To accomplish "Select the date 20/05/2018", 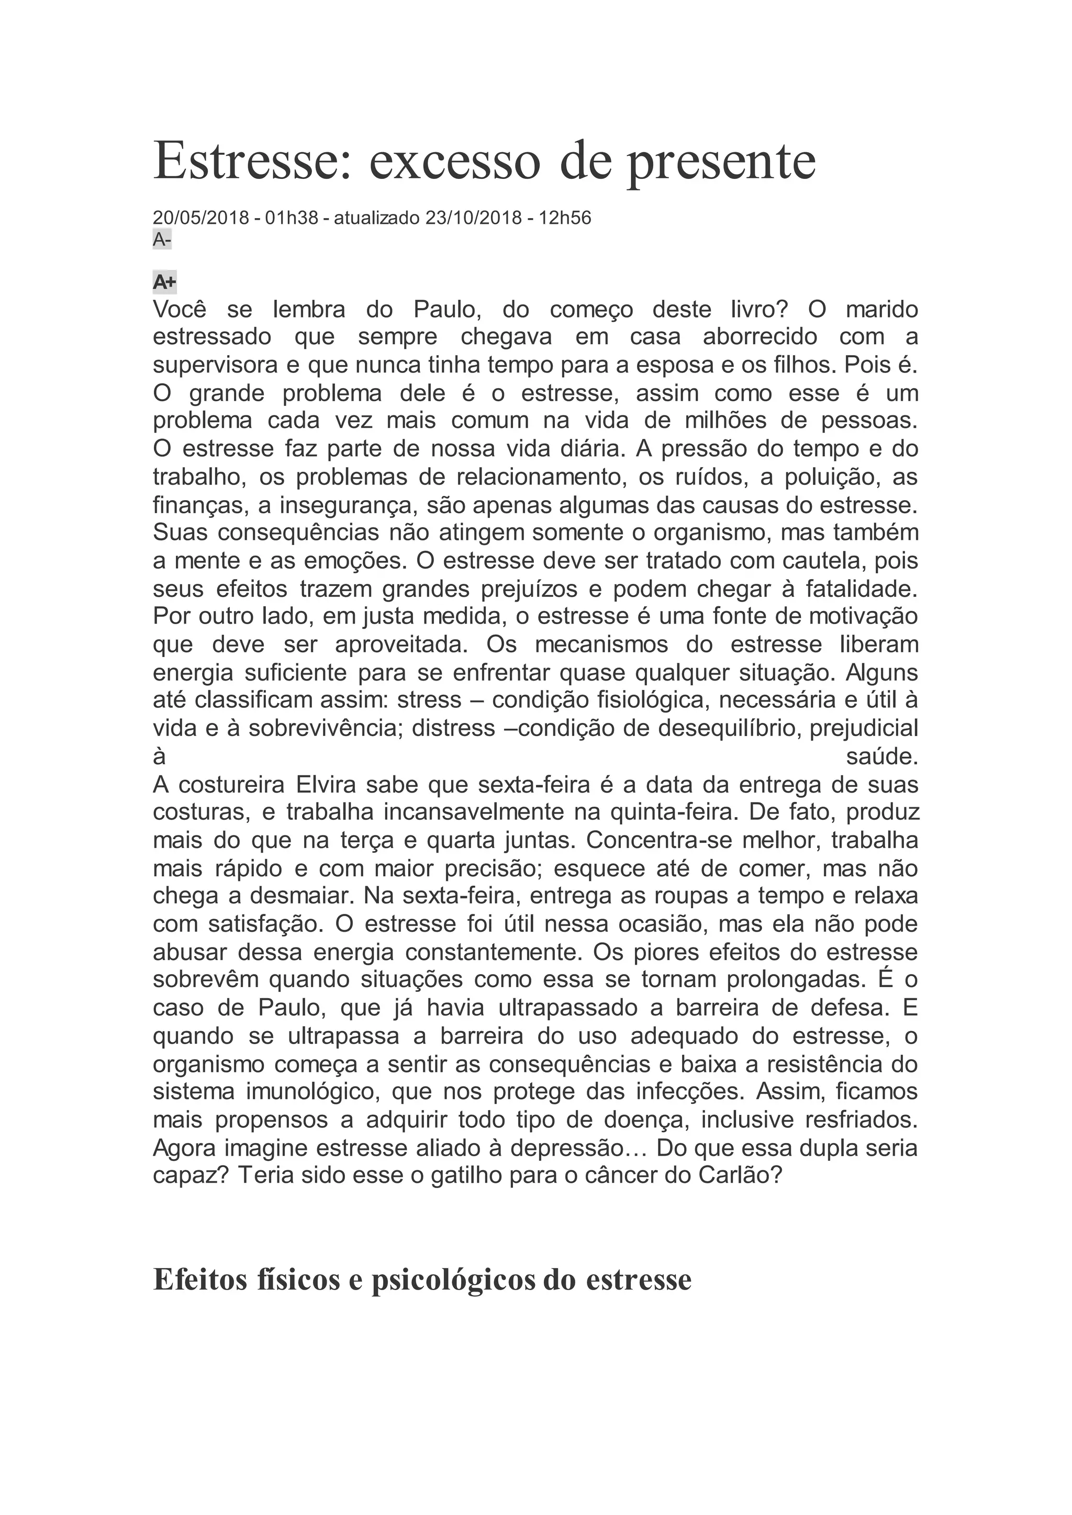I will pos(200,218).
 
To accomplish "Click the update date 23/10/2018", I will pos(473,218).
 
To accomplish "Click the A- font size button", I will pos(162,240).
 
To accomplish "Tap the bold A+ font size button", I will pos(164,282).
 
